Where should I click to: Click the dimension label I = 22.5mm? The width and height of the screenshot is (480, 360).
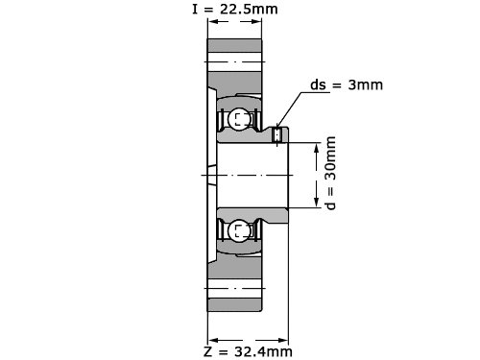235,10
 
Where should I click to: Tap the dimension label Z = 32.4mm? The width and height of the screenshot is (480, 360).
248,351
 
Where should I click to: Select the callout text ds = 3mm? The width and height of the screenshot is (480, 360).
347,84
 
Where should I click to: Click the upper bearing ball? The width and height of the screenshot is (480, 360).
239,119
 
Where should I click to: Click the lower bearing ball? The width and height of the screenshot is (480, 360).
239,231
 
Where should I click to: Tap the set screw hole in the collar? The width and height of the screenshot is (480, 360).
276,134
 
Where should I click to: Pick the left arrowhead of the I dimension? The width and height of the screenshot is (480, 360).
213,21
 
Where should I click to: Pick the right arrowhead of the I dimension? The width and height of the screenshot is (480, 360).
256,21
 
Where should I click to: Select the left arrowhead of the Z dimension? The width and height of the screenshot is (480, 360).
213,340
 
